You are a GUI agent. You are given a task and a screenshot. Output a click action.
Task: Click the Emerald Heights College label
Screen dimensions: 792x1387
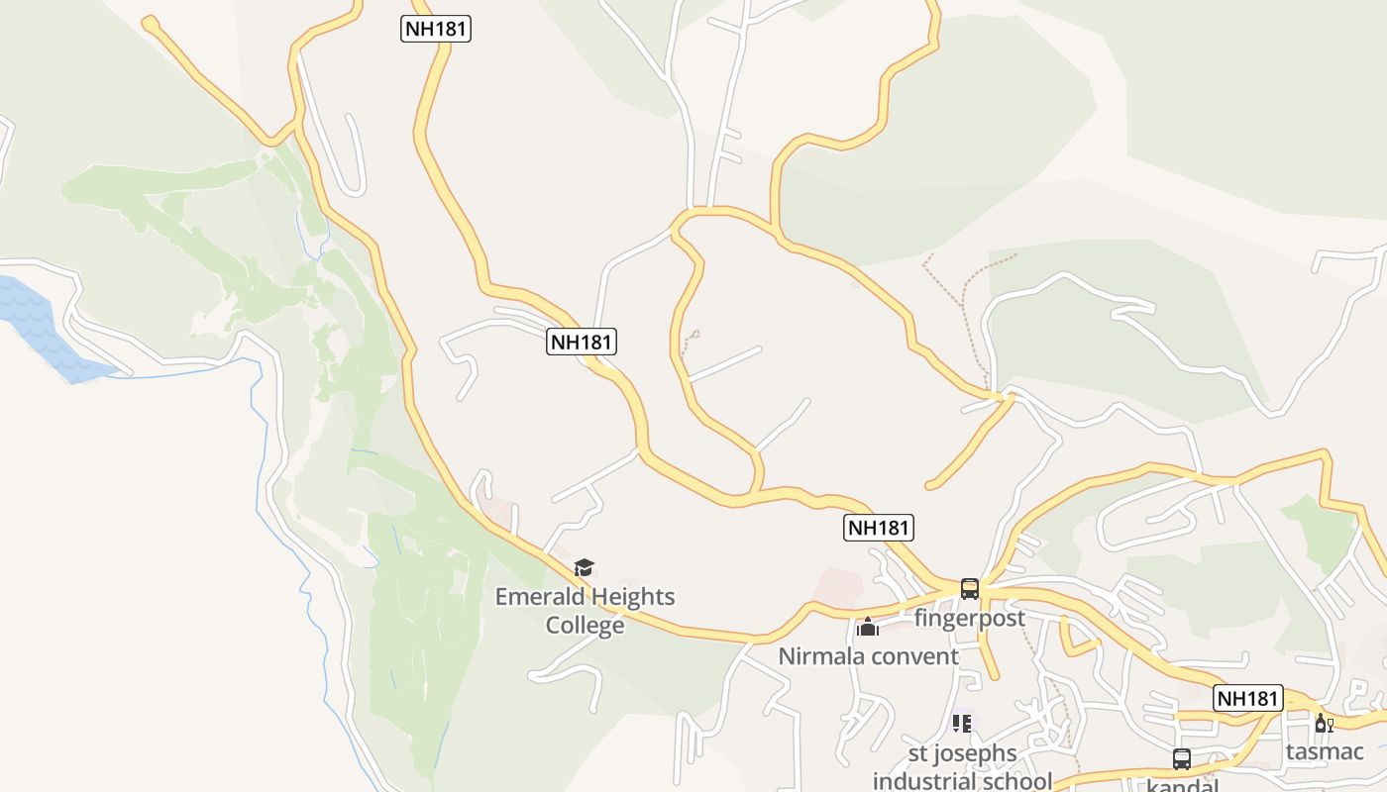click(585, 611)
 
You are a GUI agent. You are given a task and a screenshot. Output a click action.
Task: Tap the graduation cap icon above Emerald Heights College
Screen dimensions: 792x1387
click(585, 568)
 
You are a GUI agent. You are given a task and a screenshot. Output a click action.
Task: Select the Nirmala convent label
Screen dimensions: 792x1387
click(868, 656)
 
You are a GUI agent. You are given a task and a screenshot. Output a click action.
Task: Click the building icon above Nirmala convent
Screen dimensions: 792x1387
click(868, 627)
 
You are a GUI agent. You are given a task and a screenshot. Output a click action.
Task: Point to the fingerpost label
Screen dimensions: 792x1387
click(969, 619)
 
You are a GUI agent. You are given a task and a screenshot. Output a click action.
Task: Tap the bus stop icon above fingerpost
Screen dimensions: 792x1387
click(970, 589)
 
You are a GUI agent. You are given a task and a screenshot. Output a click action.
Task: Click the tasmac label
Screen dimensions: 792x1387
click(1325, 751)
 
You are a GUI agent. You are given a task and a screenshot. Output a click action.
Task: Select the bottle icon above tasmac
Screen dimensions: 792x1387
click(1325, 724)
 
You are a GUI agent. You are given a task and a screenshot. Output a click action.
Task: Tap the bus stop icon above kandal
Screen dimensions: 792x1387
click(1182, 759)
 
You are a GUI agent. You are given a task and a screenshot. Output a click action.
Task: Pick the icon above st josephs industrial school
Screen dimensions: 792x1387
click(961, 724)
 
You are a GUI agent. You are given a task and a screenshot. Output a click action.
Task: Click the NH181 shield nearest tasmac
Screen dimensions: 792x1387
click(1248, 698)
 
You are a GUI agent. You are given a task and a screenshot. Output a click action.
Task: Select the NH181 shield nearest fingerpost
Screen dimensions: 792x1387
click(879, 528)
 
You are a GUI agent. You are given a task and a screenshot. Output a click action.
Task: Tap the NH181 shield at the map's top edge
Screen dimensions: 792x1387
click(436, 29)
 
